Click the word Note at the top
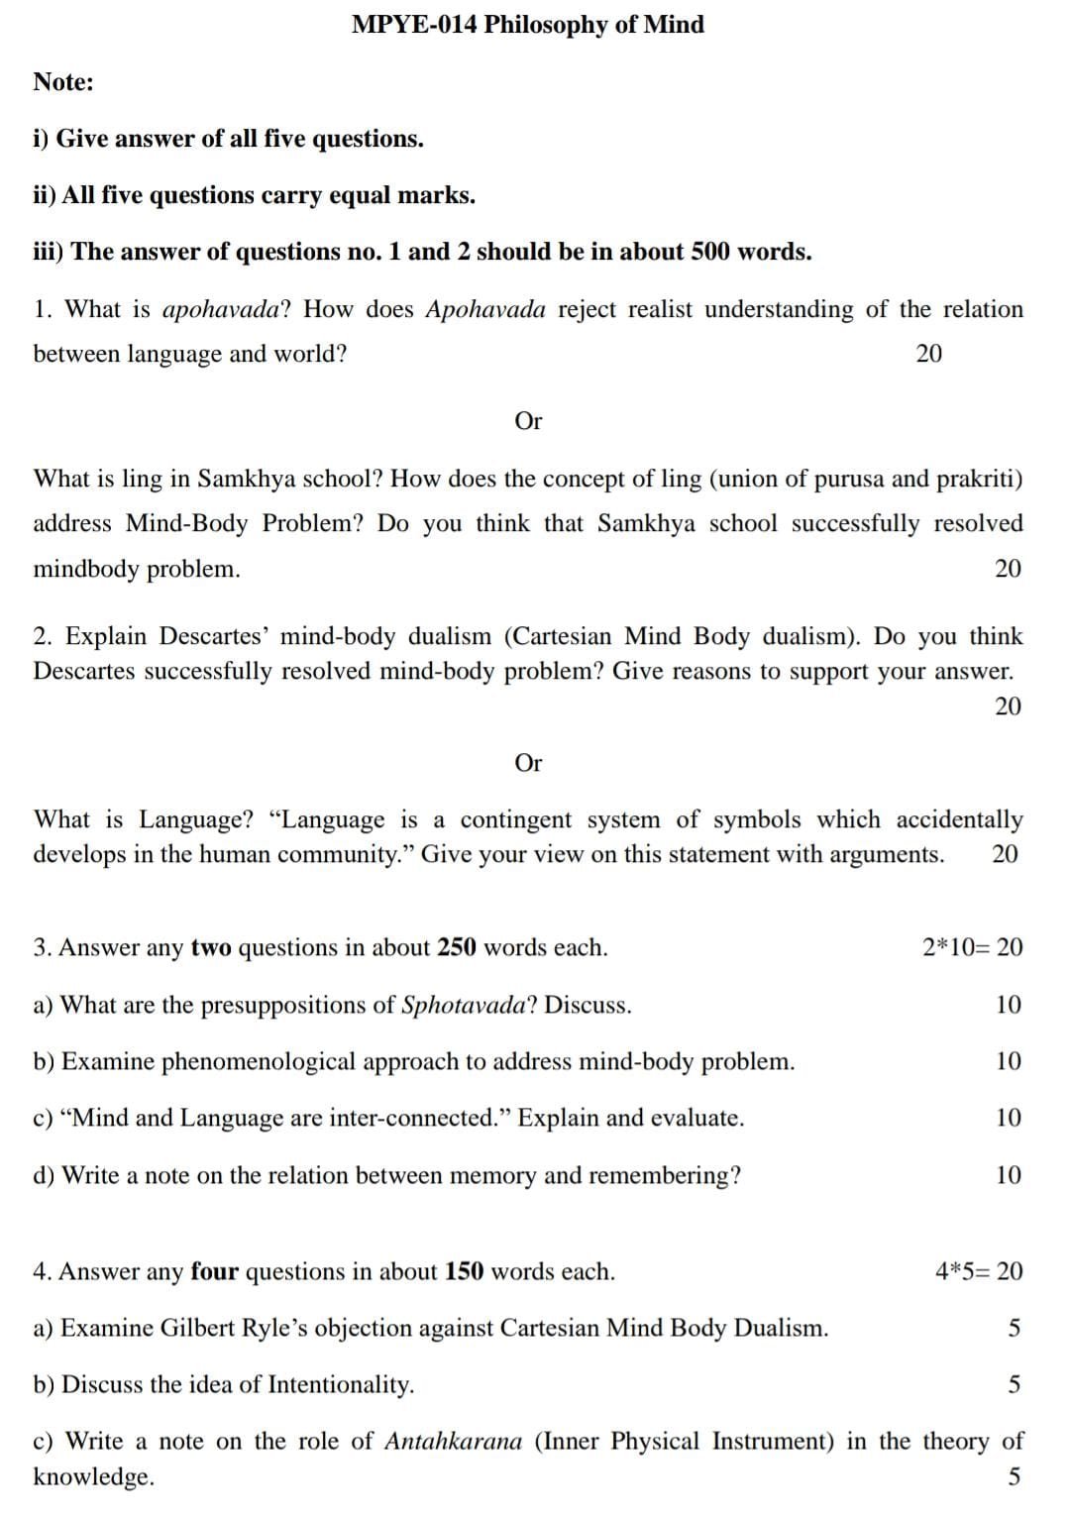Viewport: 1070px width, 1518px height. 62,82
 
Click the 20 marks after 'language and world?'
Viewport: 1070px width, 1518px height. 929,354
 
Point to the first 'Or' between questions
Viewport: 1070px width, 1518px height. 528,421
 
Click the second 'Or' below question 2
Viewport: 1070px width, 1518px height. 528,763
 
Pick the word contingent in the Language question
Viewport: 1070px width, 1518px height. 515,820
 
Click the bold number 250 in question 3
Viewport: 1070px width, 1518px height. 457,948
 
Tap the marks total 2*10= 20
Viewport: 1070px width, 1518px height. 972,948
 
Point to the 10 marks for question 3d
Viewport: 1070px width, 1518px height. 1008,1176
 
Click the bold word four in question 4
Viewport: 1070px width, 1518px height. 215,1272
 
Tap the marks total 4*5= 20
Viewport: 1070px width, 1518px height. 979,1272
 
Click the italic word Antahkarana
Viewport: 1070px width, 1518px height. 453,1442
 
